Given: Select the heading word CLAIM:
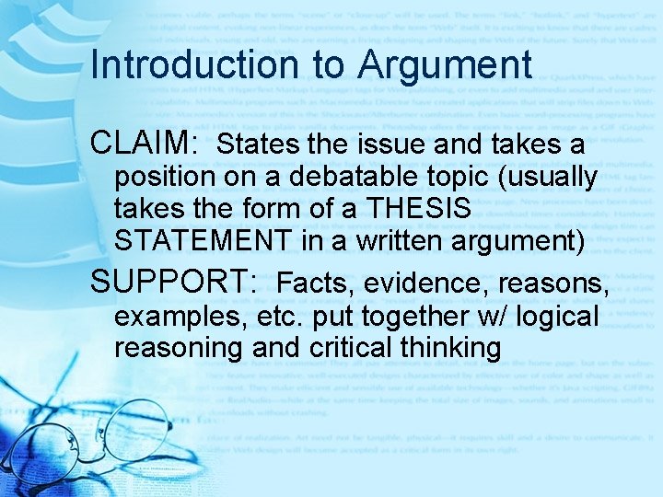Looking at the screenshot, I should tap(145, 144).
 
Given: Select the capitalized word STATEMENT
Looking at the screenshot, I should tap(203, 241).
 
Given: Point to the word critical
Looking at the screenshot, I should tap(350, 349).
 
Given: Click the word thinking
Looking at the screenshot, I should tap(453, 349).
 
